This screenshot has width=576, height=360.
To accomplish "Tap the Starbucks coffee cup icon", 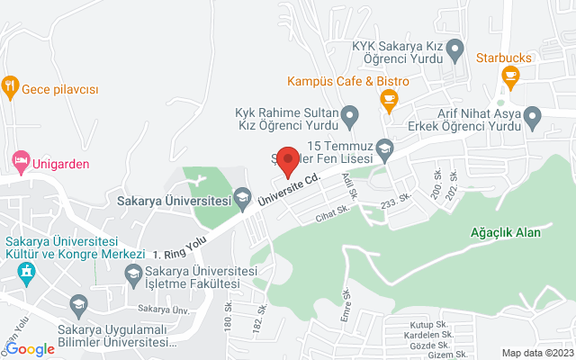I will (511, 75).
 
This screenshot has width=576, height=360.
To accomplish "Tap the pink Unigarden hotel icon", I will (19, 161).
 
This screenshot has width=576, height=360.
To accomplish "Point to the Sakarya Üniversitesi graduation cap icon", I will (241, 196).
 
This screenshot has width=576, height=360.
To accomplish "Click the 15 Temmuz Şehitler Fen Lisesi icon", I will (385, 147).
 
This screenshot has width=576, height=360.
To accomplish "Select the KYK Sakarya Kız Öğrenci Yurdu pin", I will (454, 47).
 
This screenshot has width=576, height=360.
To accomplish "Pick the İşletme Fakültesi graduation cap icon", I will (133, 274).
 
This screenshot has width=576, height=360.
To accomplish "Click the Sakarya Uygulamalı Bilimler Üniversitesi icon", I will (78, 305).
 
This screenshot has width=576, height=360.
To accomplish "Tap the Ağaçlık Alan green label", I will (505, 232).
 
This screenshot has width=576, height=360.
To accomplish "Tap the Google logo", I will (30, 349).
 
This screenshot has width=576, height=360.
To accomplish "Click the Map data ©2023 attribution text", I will (536, 353).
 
